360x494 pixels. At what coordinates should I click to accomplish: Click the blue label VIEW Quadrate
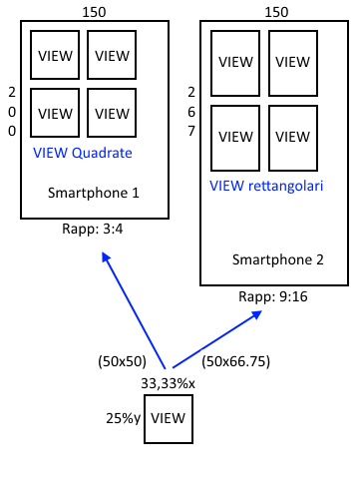coord(83,153)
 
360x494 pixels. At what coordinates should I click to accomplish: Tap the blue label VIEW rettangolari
coord(266,186)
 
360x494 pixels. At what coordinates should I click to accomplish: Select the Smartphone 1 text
coord(94,193)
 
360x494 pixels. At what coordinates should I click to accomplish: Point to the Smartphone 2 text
coord(278,259)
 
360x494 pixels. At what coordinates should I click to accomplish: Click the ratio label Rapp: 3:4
coord(93,229)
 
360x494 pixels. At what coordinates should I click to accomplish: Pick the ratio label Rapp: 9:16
coord(273,296)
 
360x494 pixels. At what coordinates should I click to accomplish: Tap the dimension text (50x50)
coord(123,361)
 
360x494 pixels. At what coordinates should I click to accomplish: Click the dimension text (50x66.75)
coord(236,361)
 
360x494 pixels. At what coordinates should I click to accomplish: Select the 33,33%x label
coord(168,383)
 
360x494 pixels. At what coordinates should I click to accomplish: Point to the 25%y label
coord(124,418)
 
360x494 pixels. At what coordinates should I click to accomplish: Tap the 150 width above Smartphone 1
coord(94,12)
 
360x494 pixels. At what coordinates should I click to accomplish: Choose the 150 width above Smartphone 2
coord(276,12)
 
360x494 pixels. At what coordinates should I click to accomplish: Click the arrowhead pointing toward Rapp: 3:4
coord(106,256)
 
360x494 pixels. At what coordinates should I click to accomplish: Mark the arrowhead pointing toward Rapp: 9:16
coord(257,314)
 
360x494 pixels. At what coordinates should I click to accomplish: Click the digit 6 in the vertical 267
coord(191,112)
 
